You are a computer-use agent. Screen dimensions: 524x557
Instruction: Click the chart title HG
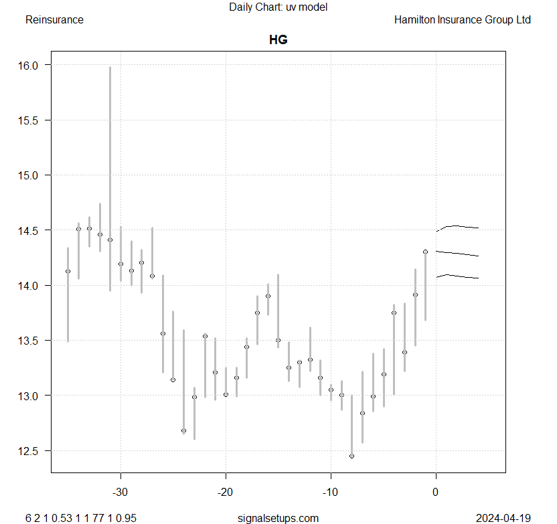tap(278, 39)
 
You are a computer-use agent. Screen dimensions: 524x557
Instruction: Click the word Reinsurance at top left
tap(54, 20)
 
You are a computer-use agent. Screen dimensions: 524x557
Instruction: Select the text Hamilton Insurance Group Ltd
tap(463, 20)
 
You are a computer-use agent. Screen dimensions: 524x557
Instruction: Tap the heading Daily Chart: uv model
tap(278, 7)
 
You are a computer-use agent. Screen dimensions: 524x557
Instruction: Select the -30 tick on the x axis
tap(121, 493)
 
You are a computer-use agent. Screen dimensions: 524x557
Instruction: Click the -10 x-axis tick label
tap(331, 493)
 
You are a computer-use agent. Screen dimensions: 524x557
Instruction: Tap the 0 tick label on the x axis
tap(436, 493)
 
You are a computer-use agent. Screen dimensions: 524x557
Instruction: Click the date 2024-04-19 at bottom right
tap(503, 518)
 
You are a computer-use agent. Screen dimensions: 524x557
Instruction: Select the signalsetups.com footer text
tap(278, 518)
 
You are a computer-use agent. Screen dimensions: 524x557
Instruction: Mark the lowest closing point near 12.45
tap(351, 456)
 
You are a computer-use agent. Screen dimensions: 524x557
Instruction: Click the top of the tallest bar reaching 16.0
tap(110, 67)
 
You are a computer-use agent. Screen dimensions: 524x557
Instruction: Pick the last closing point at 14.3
tap(425, 252)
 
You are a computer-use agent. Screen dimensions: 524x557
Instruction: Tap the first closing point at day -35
tap(68, 271)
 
